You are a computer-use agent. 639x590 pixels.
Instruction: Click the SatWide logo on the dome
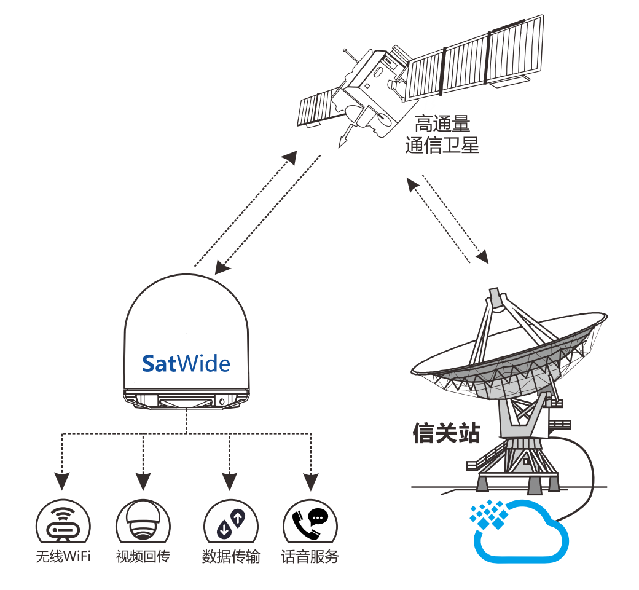186,363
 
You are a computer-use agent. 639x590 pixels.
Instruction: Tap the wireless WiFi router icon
63,524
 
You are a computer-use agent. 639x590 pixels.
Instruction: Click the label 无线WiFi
63,557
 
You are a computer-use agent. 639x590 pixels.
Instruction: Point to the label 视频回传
143,557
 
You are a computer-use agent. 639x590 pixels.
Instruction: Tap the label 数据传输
230,557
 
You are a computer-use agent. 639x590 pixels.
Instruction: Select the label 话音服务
310,557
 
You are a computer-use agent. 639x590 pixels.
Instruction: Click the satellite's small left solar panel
315,108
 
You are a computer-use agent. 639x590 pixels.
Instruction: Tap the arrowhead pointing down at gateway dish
485,256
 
